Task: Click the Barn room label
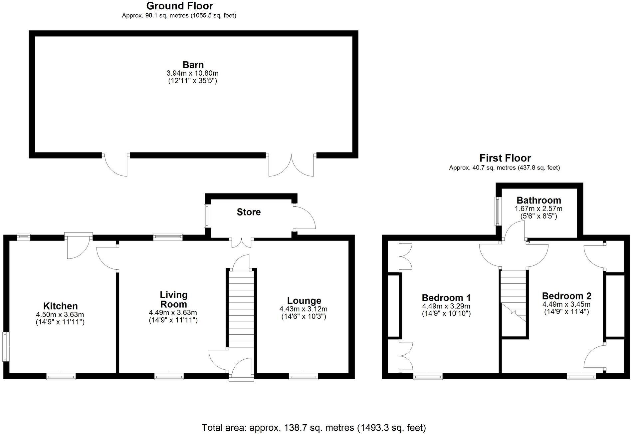coord(193,65)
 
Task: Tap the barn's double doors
coord(291,165)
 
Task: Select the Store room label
coord(249,212)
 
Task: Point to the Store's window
coord(208,216)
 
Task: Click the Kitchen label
coord(60,306)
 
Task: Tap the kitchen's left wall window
coord(6,346)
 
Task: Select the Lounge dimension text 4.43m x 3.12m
coord(304,309)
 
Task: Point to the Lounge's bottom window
coord(303,377)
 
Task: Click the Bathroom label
coord(538,201)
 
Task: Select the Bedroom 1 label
coord(446,297)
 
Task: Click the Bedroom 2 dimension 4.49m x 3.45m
coord(566,304)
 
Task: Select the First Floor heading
coord(505,158)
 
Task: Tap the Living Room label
coord(173,299)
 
